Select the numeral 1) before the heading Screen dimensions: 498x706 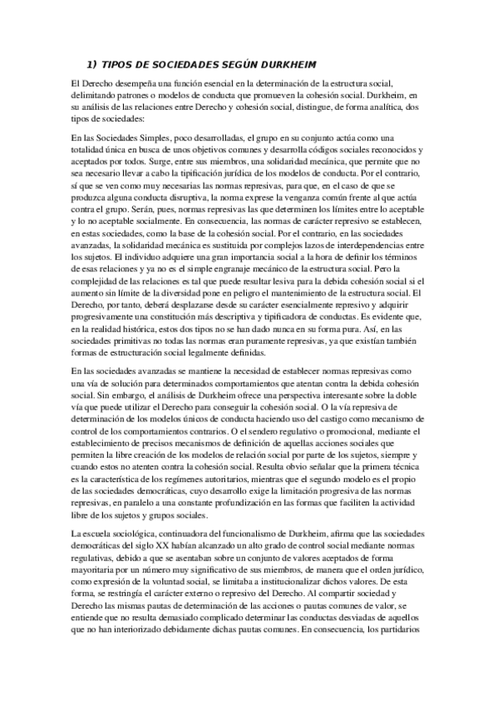[x=92, y=63]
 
